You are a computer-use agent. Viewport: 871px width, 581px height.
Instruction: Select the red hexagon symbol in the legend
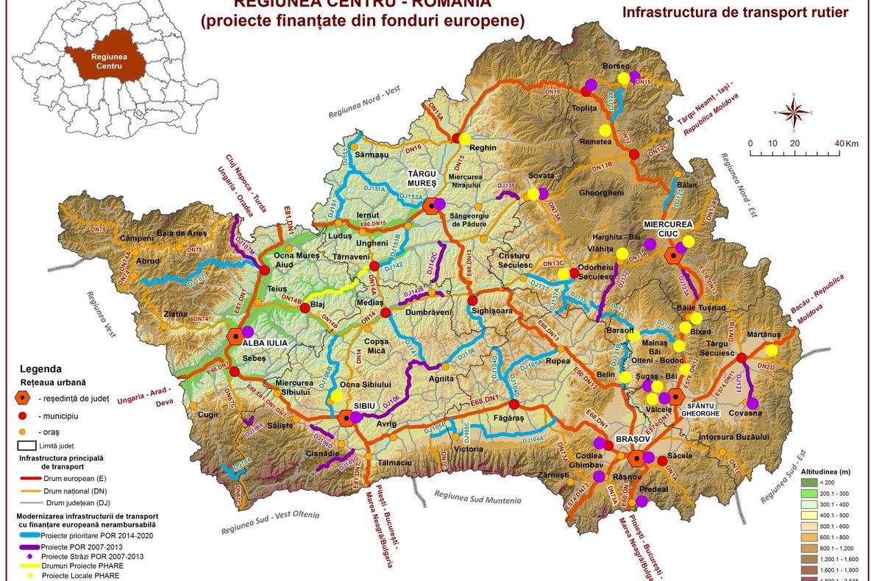coord(24,398)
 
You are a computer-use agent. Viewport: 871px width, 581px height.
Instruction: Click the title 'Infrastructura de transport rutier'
coord(735,12)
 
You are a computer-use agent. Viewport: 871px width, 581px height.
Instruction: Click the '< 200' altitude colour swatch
coord(811,482)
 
